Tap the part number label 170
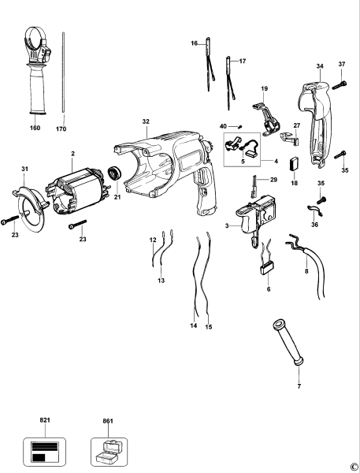coord(61,128)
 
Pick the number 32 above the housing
coord(146,121)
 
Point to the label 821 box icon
coord(44,451)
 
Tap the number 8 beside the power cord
coord(306,271)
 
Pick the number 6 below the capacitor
coord(269,291)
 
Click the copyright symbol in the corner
coord(353,466)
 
